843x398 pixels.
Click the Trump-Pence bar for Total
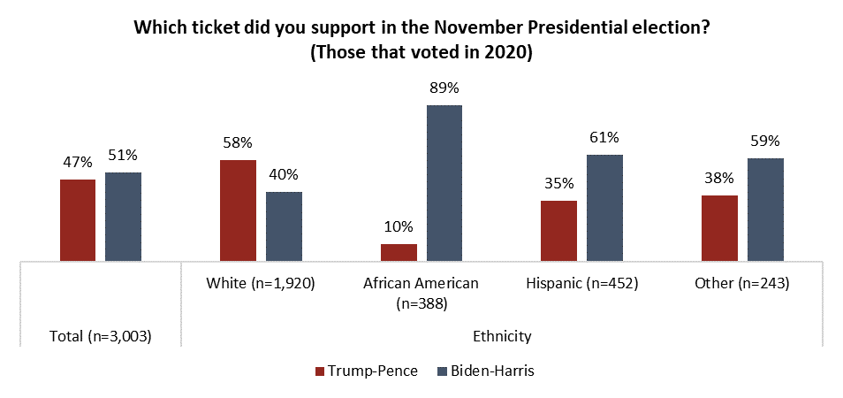tap(78, 220)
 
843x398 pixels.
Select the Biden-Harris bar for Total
tap(123, 217)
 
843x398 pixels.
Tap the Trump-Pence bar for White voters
tap(239, 210)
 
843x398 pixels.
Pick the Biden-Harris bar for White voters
tap(284, 226)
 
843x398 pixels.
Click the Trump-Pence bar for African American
tap(399, 252)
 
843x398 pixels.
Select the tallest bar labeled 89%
tap(444, 183)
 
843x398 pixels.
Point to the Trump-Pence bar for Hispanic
tap(559, 231)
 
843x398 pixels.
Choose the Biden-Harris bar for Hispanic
tap(604, 208)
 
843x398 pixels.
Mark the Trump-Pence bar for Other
tap(719, 228)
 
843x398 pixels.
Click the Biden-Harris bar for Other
tap(765, 210)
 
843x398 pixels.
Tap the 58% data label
tap(239, 142)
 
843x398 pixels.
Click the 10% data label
tap(399, 226)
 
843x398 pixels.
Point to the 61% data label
tap(604, 137)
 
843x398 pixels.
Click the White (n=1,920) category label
tap(261, 284)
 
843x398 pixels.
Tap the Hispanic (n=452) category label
tap(581, 284)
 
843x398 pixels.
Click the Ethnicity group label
tap(501, 336)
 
